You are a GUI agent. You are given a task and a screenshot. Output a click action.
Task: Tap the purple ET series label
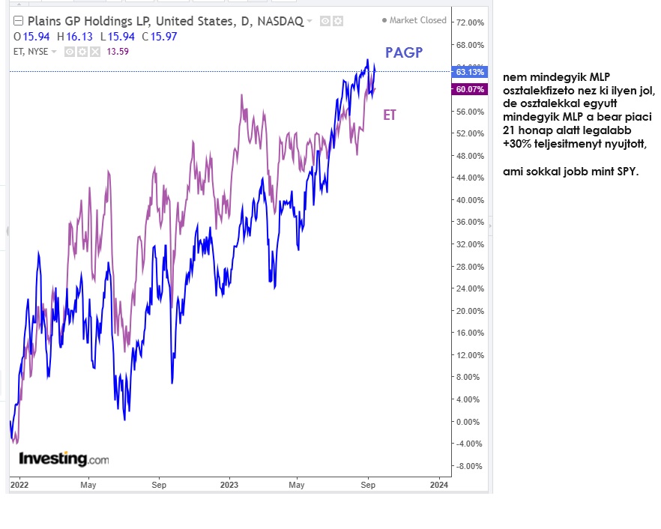(x=390, y=115)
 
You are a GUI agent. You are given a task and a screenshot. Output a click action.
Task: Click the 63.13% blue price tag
(x=470, y=72)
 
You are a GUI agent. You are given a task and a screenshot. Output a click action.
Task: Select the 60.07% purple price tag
(x=470, y=89)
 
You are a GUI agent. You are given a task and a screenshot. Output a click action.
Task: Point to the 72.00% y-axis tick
(x=470, y=23)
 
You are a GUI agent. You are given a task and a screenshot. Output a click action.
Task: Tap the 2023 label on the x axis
(x=229, y=485)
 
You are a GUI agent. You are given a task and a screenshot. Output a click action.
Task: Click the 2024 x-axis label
(x=439, y=485)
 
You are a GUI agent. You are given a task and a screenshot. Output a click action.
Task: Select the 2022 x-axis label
(x=19, y=485)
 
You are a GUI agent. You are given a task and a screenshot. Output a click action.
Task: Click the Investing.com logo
(x=64, y=459)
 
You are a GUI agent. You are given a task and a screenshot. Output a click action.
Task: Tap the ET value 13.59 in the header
(x=118, y=52)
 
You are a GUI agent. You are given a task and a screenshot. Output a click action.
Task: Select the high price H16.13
(x=81, y=37)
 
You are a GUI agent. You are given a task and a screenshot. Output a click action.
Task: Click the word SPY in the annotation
(x=626, y=172)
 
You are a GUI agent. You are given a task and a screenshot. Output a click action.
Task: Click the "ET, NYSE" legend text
(x=30, y=52)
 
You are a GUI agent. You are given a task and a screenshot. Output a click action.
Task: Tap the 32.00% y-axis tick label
(x=470, y=244)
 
